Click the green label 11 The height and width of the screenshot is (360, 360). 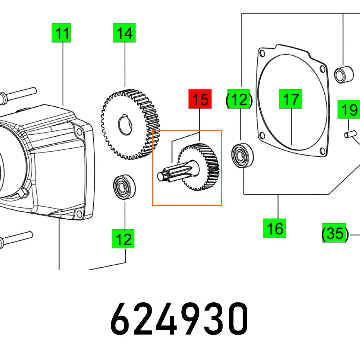coord(61,33)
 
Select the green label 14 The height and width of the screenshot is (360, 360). coord(125,33)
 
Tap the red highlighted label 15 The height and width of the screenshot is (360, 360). coord(200,99)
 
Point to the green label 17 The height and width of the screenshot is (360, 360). coord(291,99)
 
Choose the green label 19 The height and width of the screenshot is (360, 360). coord(348,110)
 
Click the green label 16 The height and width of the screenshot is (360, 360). coord(275,228)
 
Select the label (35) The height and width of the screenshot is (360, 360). coord(335,233)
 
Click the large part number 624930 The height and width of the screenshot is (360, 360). coord(179,319)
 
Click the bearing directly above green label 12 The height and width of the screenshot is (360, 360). coord(125,187)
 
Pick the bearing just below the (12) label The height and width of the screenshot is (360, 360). coord(242,155)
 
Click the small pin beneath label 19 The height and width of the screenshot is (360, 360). coord(348,135)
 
